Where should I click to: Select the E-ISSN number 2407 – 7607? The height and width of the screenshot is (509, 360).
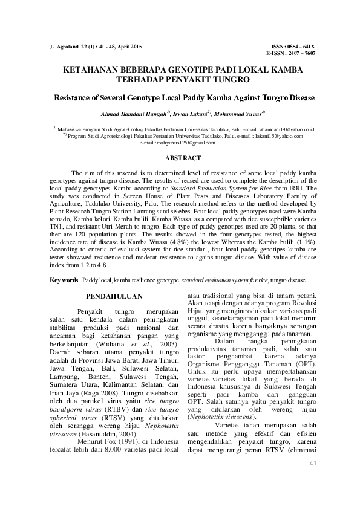point(301,53)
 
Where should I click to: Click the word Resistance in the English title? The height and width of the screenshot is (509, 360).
point(76,97)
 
